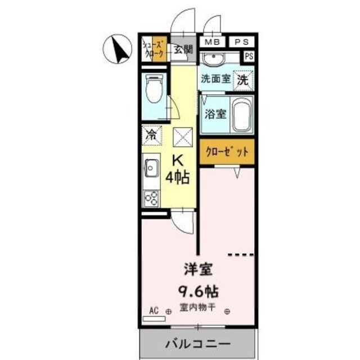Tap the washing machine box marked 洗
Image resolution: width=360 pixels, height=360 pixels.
point(243,80)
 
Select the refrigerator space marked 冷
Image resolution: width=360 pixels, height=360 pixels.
point(151,134)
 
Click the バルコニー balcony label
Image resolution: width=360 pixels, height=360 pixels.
point(197,343)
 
